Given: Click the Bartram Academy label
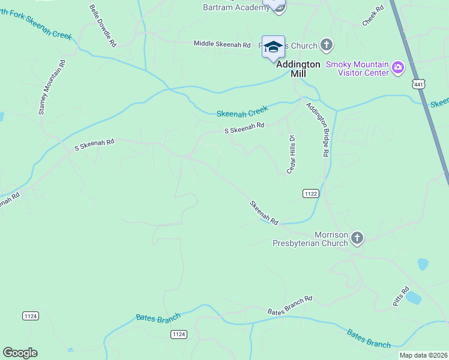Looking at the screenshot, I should pyautogui.click(x=236, y=7).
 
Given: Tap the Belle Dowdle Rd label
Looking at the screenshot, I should pyautogui.click(x=103, y=26).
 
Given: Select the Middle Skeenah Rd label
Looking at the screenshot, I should pyautogui.click(x=221, y=44).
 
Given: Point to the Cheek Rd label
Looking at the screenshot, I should pyautogui.click(x=372, y=16).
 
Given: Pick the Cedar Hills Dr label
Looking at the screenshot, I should pyautogui.click(x=292, y=154).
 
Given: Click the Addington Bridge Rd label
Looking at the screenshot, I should pyautogui.click(x=318, y=130).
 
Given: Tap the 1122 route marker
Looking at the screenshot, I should pyautogui.click(x=310, y=193).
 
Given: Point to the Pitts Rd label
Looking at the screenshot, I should pyautogui.click(x=400, y=296).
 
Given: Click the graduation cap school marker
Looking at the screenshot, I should pyautogui.click(x=273, y=47).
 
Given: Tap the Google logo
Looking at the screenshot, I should pyautogui.click(x=20, y=353).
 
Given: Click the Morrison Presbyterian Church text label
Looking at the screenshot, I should pyautogui.click(x=310, y=239).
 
